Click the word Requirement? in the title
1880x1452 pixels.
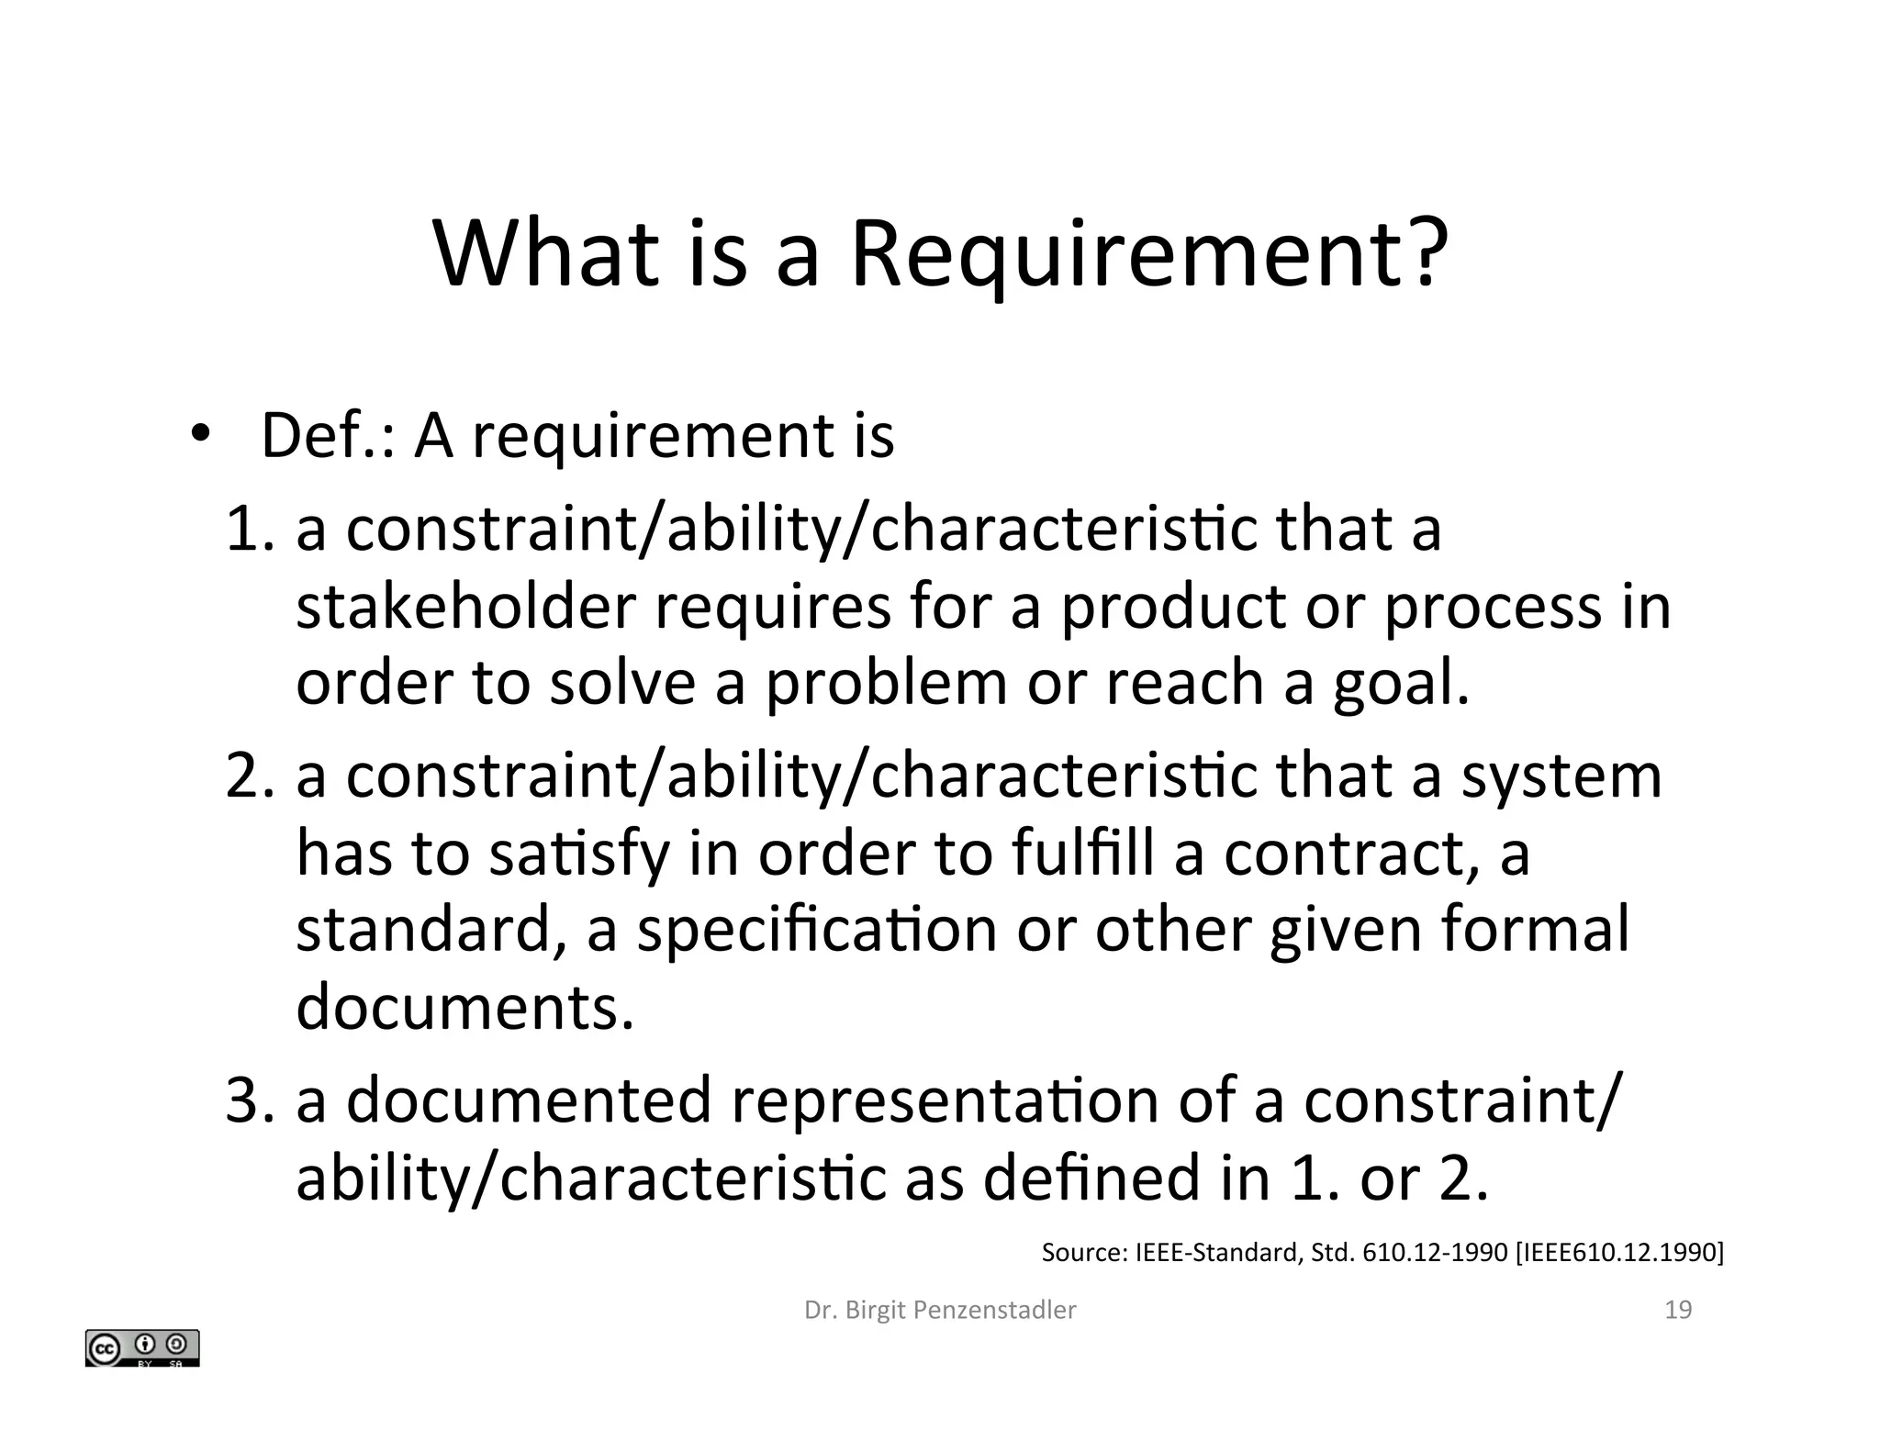tap(1149, 254)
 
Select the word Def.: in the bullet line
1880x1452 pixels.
tap(329, 435)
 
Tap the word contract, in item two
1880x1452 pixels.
tap(1352, 853)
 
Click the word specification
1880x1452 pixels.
tap(816, 930)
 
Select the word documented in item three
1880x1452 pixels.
tap(530, 1100)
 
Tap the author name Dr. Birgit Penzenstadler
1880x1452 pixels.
tap(940, 1310)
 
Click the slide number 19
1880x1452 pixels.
tap(1678, 1310)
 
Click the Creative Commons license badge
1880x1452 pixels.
tap(142, 1348)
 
